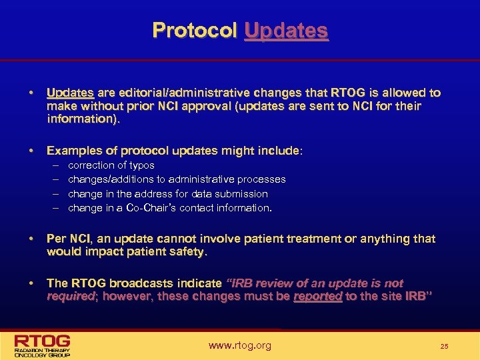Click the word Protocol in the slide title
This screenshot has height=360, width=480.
195,31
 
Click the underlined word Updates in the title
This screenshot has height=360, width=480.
286,31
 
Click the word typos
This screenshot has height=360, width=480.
141,165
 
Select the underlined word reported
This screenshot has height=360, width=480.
317,297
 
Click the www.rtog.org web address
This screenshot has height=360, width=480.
240,345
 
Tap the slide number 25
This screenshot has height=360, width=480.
444,347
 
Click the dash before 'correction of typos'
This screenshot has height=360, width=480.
54,165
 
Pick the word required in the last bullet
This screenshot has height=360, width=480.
69,297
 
